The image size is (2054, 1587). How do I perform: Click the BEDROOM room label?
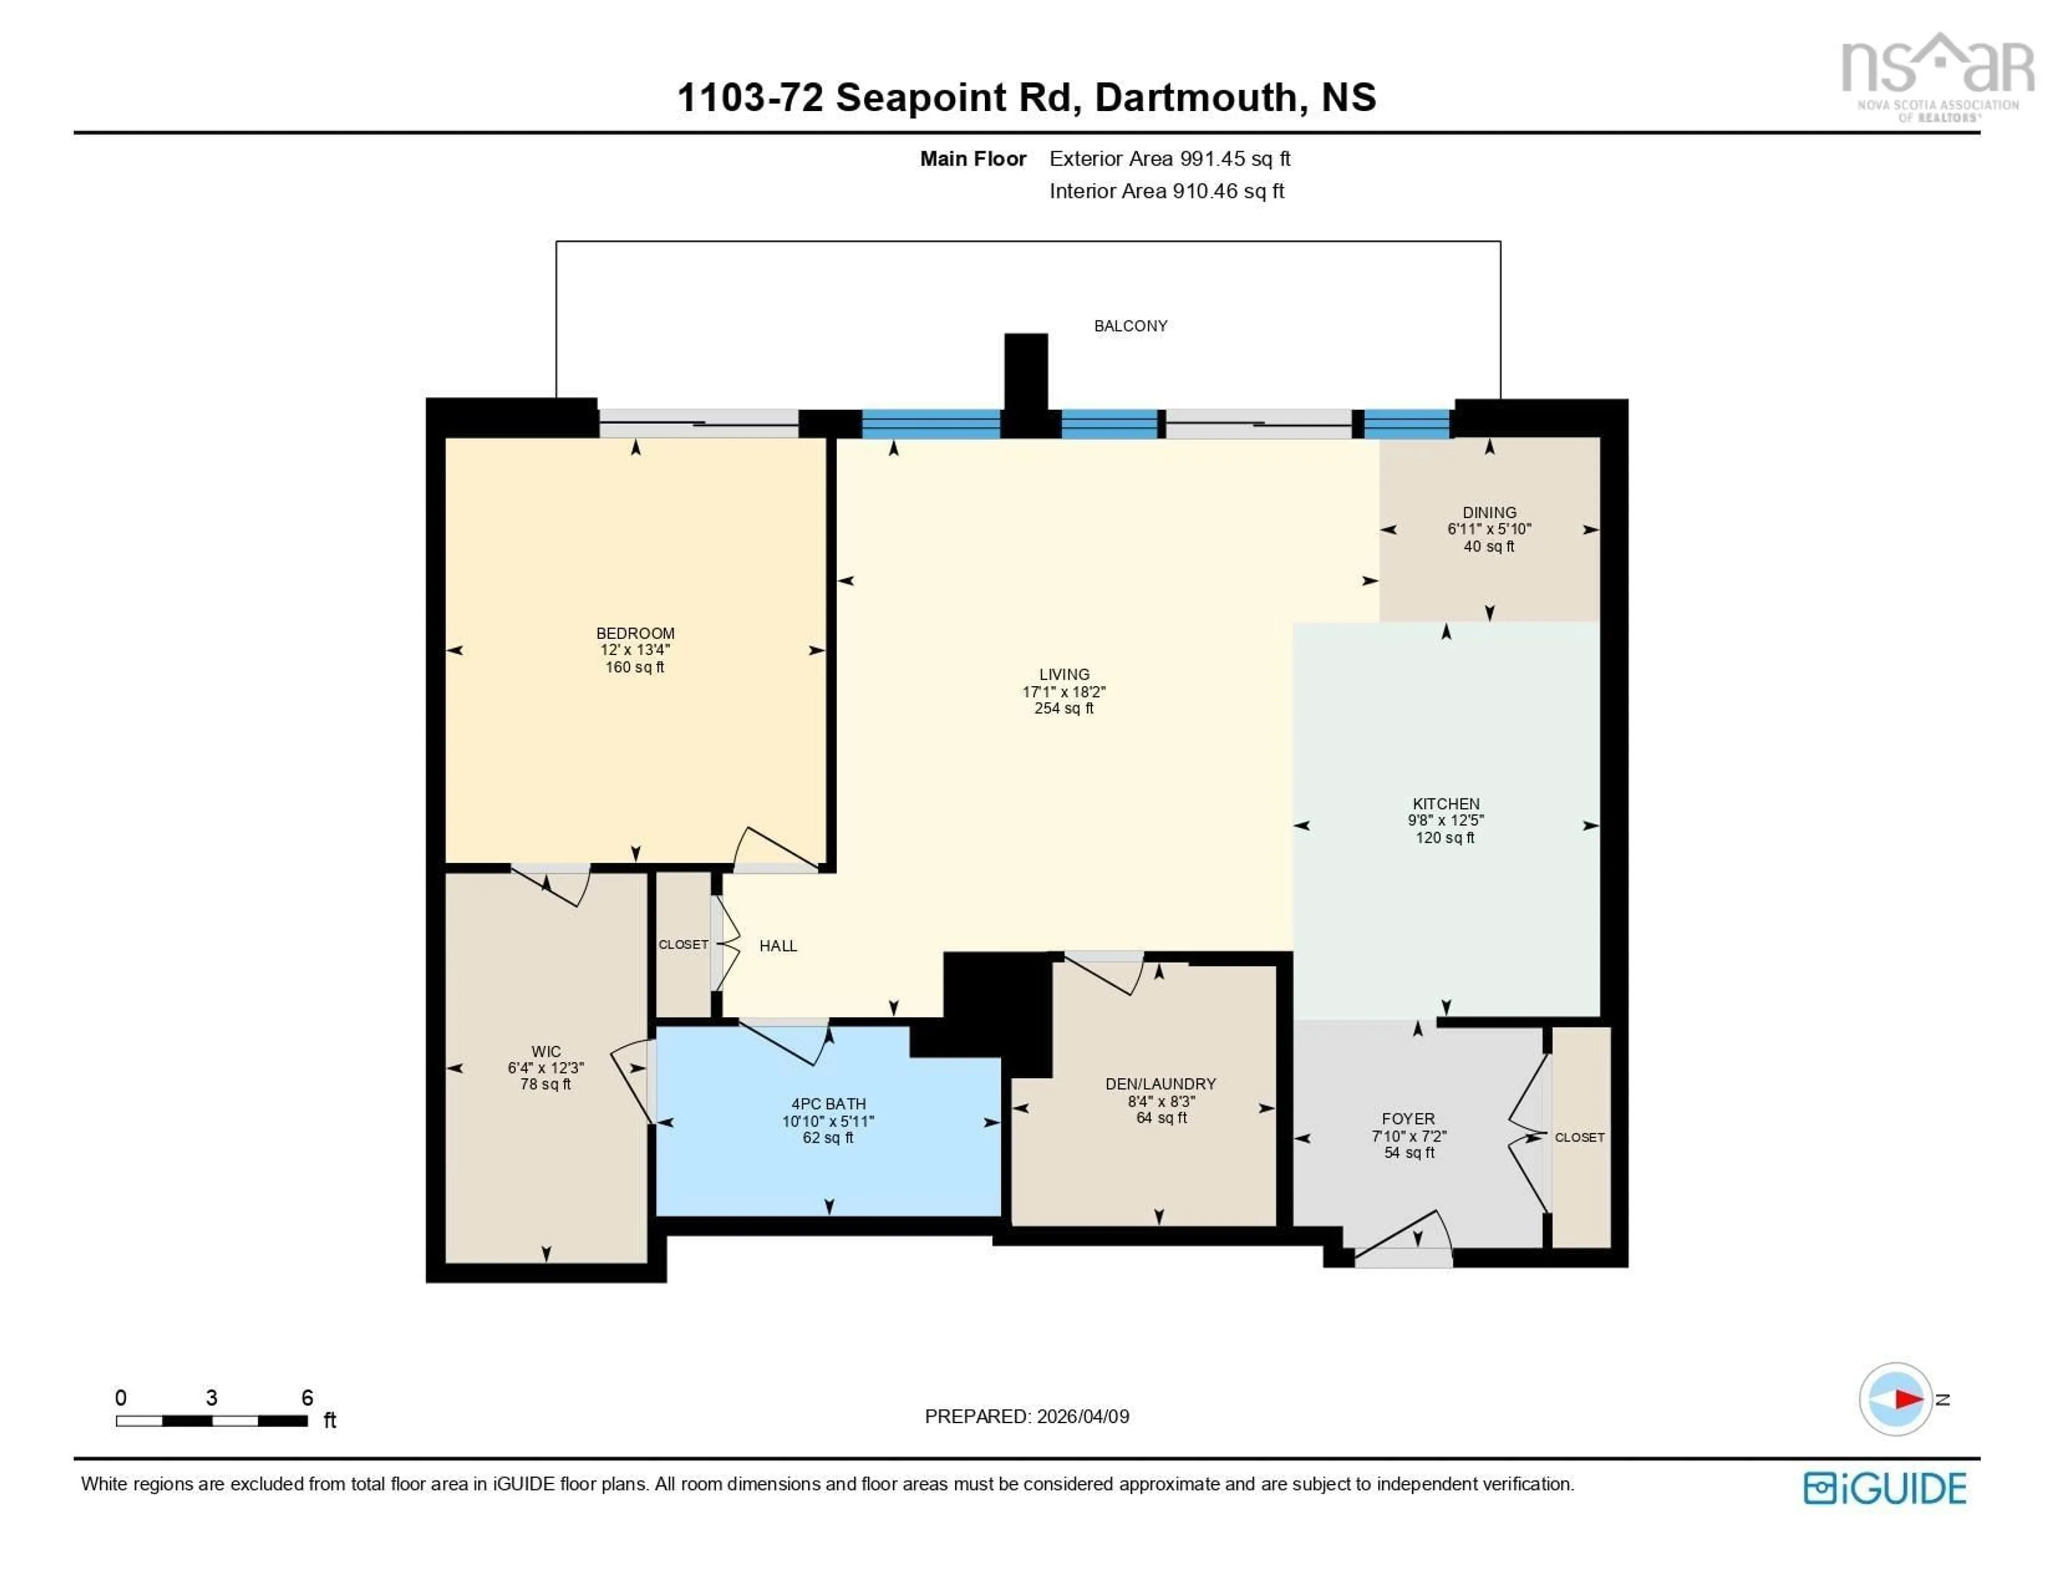(x=635, y=633)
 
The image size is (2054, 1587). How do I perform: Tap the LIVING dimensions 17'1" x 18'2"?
(x=1064, y=692)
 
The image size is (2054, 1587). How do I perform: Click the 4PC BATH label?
(x=827, y=1103)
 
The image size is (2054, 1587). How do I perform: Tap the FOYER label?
(x=1408, y=1118)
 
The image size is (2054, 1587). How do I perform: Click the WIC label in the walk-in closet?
(x=546, y=1052)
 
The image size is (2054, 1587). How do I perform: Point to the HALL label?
(x=778, y=946)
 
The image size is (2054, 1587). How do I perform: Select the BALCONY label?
(x=1130, y=326)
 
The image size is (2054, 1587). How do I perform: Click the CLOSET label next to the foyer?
(x=1579, y=1137)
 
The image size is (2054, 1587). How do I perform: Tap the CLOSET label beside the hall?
(x=683, y=945)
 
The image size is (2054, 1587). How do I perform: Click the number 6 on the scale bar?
(x=306, y=1397)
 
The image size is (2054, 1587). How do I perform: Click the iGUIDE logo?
(x=1884, y=1488)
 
